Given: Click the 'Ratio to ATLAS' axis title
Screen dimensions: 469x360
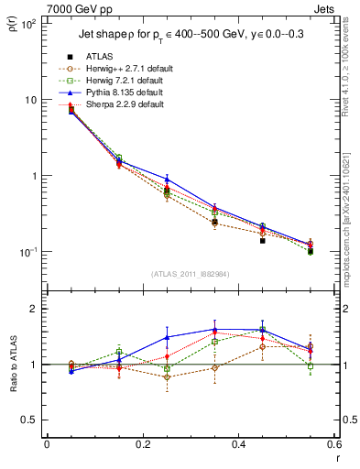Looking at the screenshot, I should [13, 365].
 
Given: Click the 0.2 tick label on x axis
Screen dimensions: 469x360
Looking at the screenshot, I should [142, 445].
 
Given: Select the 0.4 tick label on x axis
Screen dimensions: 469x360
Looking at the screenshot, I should [238, 445].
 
